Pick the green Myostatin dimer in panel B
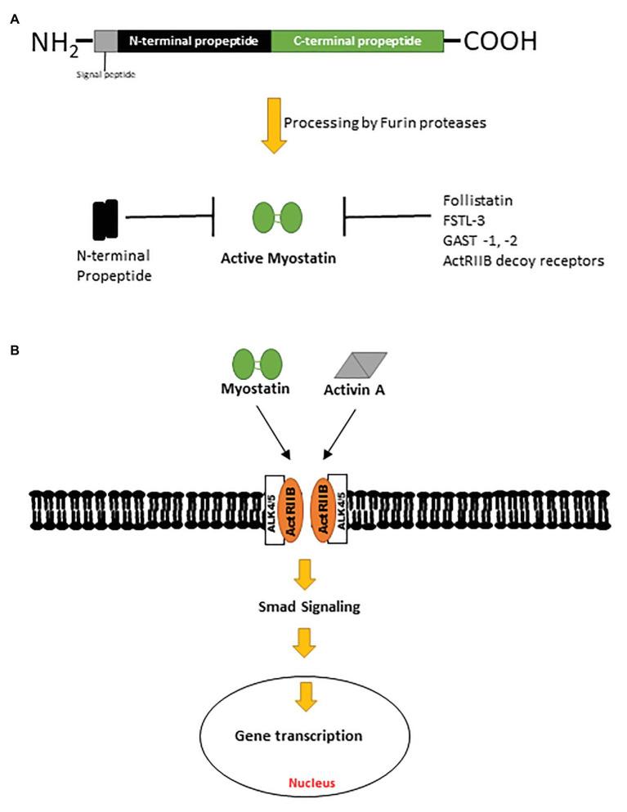coord(257,362)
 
